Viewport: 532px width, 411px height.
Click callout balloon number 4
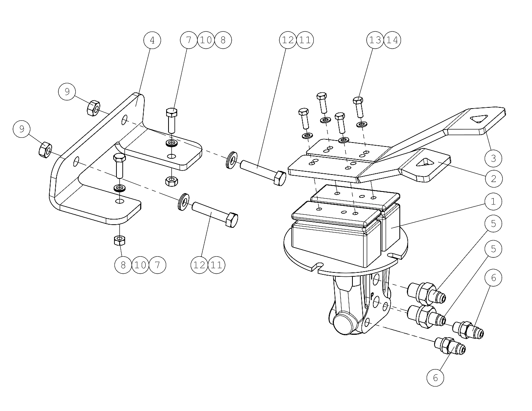[152, 40]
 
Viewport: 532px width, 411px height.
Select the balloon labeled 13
[375, 40]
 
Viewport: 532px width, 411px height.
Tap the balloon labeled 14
[392, 40]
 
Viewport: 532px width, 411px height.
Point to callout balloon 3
[493, 158]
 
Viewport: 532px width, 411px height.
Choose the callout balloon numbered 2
[494, 178]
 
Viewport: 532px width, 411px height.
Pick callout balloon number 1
[493, 201]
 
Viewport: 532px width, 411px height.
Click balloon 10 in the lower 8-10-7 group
[140, 265]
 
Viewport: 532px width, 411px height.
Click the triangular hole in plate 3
[479, 119]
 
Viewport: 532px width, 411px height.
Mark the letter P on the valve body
[372, 296]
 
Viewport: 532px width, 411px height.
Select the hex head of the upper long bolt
[280, 178]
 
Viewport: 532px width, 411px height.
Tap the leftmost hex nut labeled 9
[45, 150]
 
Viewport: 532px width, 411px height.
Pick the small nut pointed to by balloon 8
[120, 240]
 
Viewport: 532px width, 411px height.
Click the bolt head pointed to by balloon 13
[358, 100]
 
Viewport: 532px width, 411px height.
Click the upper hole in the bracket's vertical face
[125, 120]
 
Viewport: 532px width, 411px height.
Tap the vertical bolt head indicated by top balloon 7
[171, 113]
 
